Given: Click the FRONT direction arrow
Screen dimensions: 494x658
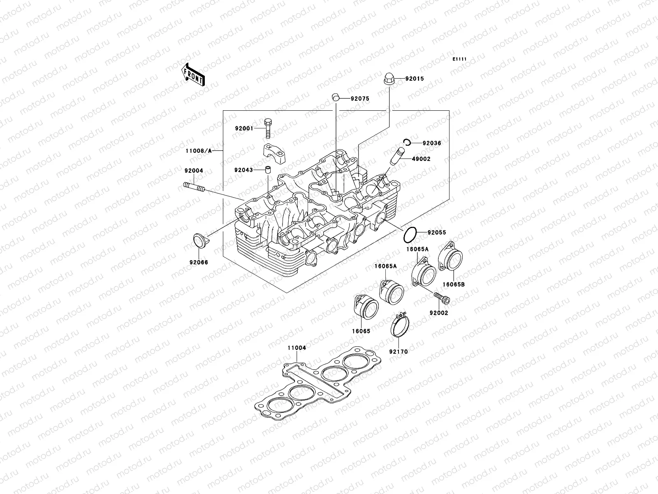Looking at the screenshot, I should [x=195, y=75].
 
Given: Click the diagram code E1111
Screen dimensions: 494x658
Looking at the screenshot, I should [x=459, y=59].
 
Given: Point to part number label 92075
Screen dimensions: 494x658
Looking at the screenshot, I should [x=360, y=98].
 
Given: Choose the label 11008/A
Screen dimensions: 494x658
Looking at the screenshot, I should [x=198, y=151].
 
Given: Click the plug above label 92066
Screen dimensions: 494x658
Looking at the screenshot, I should [x=200, y=241].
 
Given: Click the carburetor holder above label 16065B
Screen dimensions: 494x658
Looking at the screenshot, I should [x=453, y=259].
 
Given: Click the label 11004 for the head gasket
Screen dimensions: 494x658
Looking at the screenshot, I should [x=297, y=348].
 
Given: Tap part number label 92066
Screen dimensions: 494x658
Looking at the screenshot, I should [x=199, y=262].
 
